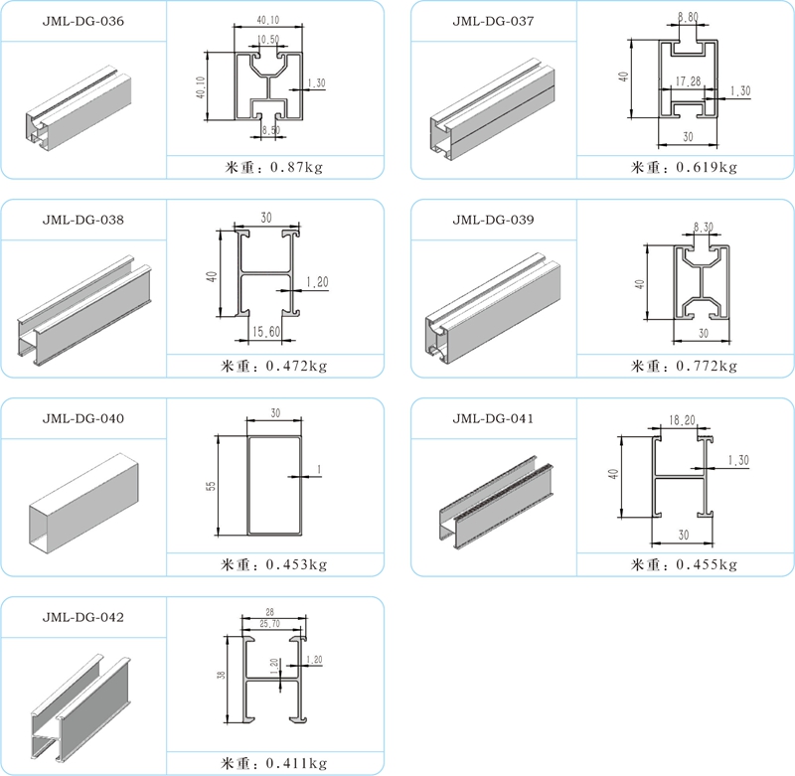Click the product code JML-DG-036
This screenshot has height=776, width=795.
(83, 20)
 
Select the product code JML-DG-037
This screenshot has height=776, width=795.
(494, 20)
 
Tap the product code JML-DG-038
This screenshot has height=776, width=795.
(83, 219)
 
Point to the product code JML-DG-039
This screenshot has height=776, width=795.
(494, 219)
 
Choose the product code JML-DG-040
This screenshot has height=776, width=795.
(83, 418)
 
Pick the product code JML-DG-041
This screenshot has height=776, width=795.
(494, 418)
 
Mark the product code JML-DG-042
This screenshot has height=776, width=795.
(83, 617)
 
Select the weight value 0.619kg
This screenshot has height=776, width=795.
(707, 167)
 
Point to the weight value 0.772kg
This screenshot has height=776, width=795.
(707, 366)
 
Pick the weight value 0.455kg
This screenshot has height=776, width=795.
(707, 564)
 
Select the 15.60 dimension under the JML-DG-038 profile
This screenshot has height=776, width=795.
(266, 331)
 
